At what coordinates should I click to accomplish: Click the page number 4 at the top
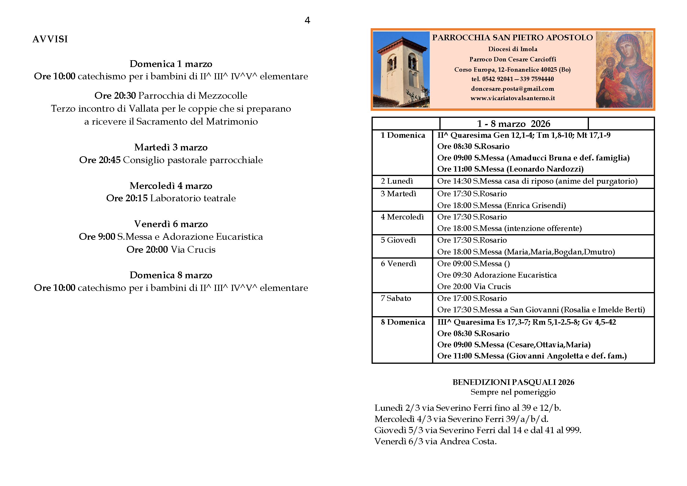[307, 20]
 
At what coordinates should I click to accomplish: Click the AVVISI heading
[50, 39]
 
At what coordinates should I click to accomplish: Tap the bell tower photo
[401, 69]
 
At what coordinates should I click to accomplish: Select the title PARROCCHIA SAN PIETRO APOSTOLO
[512, 38]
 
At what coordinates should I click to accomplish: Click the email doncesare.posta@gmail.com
[512, 89]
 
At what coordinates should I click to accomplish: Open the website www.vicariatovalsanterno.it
[512, 98]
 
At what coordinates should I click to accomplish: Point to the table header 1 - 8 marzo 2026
[513, 124]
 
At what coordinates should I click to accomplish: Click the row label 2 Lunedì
[397, 181]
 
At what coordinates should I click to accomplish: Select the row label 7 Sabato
[396, 298]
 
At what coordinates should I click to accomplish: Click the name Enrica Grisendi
[535, 205]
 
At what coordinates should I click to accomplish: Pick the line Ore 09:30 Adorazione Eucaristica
[497, 275]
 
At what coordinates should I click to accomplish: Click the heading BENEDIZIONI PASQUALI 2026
[513, 382]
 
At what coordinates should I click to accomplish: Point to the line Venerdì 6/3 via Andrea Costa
[435, 441]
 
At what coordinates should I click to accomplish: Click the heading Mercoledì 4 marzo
[171, 186]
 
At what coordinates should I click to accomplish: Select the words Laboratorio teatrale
[193, 198]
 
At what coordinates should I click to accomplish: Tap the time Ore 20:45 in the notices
[100, 160]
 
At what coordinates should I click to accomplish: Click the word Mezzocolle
[223, 95]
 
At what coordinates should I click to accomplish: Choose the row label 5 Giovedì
[398, 240]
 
